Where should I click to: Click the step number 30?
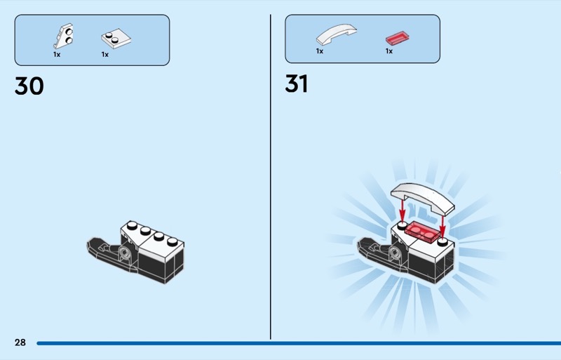29,86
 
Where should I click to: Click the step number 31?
296,84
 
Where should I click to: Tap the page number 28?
20,342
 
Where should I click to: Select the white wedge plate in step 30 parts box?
64,36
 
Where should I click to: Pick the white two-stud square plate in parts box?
116,39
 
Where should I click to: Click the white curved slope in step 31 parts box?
337,34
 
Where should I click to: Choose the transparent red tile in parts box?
397,38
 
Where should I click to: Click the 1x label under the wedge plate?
57,55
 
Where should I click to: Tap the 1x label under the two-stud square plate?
104,55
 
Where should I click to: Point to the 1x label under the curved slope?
320,51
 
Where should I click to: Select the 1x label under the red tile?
389,51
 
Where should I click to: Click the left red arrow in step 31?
403,211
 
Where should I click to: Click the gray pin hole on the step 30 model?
125,253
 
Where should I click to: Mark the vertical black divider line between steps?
271,177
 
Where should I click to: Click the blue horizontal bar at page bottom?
299,343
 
